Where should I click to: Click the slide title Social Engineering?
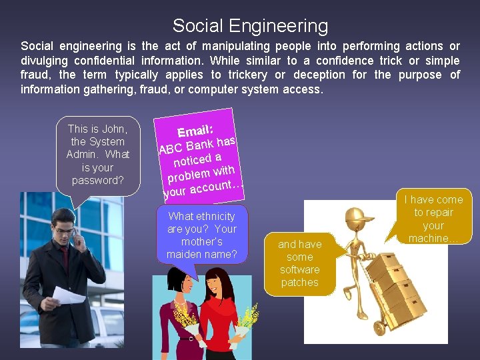(x=250, y=26)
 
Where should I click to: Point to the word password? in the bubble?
(x=97, y=181)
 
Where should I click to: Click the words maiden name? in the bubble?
(x=201, y=254)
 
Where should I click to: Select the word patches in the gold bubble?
(x=299, y=282)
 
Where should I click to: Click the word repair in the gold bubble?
(x=438, y=213)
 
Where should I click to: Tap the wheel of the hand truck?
(x=380, y=328)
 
